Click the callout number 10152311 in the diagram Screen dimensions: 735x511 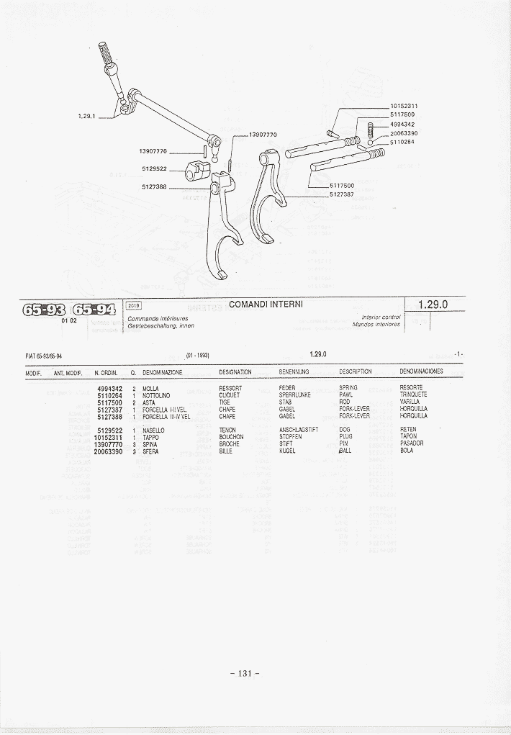(404, 107)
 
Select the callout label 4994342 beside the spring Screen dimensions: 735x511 (404, 124)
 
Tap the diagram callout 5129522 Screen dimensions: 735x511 (154, 169)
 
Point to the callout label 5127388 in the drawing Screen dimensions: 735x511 (154, 186)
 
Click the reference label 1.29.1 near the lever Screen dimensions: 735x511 (86, 115)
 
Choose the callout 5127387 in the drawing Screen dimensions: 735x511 (342, 194)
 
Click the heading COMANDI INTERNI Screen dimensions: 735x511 (266, 305)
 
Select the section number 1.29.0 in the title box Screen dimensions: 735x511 (433, 305)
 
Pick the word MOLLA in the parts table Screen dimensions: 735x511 (150, 388)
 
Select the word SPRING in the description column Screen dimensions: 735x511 (348, 388)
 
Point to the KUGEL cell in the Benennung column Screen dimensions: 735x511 (287, 451)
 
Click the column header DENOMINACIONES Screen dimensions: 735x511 (421, 372)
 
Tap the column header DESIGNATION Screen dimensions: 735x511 (235, 372)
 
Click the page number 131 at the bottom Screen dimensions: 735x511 (245, 673)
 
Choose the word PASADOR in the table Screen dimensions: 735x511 (412, 443)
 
